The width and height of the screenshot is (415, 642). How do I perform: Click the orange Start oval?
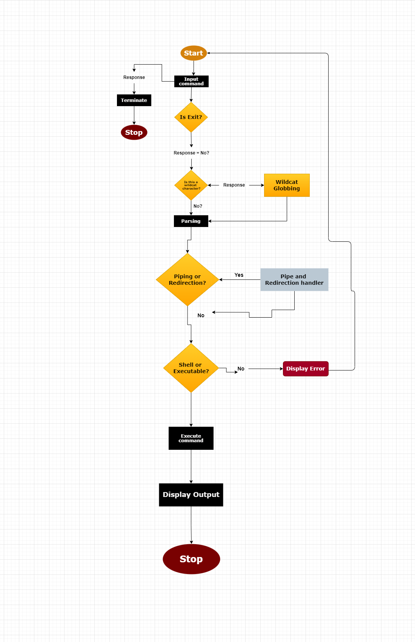[x=194, y=53]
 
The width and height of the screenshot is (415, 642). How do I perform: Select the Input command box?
[x=191, y=82]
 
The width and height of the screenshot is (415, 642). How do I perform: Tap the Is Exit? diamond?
[x=191, y=117]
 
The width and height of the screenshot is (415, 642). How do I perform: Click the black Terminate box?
[x=134, y=100]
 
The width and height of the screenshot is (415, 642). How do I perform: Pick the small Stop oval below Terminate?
[x=134, y=133]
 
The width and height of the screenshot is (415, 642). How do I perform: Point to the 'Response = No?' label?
[x=191, y=153]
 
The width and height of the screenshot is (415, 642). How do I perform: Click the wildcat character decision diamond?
[x=191, y=185]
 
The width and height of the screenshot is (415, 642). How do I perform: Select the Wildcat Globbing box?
[x=287, y=185]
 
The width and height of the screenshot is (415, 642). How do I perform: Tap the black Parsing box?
[x=191, y=221]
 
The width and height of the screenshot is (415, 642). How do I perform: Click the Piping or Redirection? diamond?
[x=188, y=279]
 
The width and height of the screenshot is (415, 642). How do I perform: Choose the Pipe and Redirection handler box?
[x=294, y=279]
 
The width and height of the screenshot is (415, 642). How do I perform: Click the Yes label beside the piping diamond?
[x=239, y=275]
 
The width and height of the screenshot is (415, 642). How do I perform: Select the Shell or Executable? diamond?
[x=191, y=368]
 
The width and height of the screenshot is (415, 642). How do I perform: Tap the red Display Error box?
[x=306, y=369]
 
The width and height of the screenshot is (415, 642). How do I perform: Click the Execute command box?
[x=191, y=438]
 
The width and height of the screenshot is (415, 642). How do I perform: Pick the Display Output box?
[x=191, y=495]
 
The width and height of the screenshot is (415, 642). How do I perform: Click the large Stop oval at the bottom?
[x=191, y=559]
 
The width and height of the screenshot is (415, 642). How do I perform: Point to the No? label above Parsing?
[x=198, y=206]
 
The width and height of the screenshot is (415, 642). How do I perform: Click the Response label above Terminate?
[x=134, y=77]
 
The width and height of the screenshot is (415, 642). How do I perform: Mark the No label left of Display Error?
[x=241, y=369]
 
